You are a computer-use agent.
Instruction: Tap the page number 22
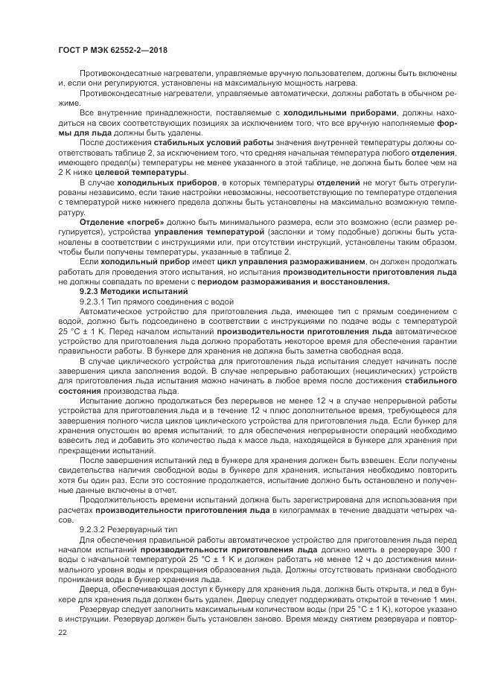62,630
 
